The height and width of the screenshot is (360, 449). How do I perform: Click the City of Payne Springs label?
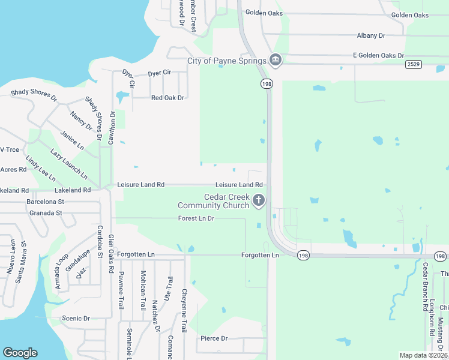coord(226,61)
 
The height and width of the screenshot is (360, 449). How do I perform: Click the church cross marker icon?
coord(259,200)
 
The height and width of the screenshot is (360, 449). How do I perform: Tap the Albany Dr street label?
coord(370,36)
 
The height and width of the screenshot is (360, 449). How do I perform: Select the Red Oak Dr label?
coord(167,98)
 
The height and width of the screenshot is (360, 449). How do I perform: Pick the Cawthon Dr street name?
coord(112,127)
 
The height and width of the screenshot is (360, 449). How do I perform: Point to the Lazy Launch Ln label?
coord(69,163)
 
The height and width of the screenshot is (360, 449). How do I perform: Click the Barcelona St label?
coord(45,202)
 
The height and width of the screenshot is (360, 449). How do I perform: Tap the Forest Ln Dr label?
coord(196,218)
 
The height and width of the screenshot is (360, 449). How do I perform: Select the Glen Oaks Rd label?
coord(110,254)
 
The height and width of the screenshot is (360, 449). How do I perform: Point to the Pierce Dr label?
coord(214,338)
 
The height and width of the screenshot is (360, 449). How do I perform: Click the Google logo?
coord(20,353)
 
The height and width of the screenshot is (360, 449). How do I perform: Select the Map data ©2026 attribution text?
coord(423,355)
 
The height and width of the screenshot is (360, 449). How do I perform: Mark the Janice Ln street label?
coord(73,141)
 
